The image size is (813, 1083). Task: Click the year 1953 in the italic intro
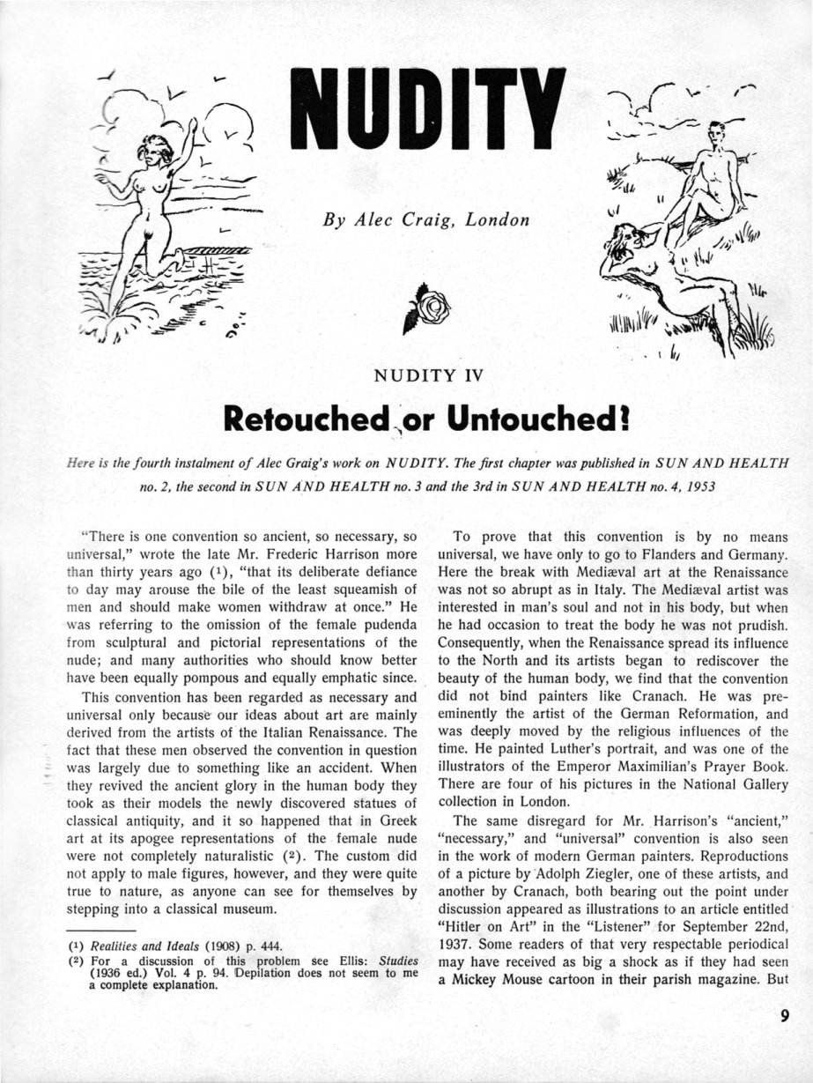pos(735,485)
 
